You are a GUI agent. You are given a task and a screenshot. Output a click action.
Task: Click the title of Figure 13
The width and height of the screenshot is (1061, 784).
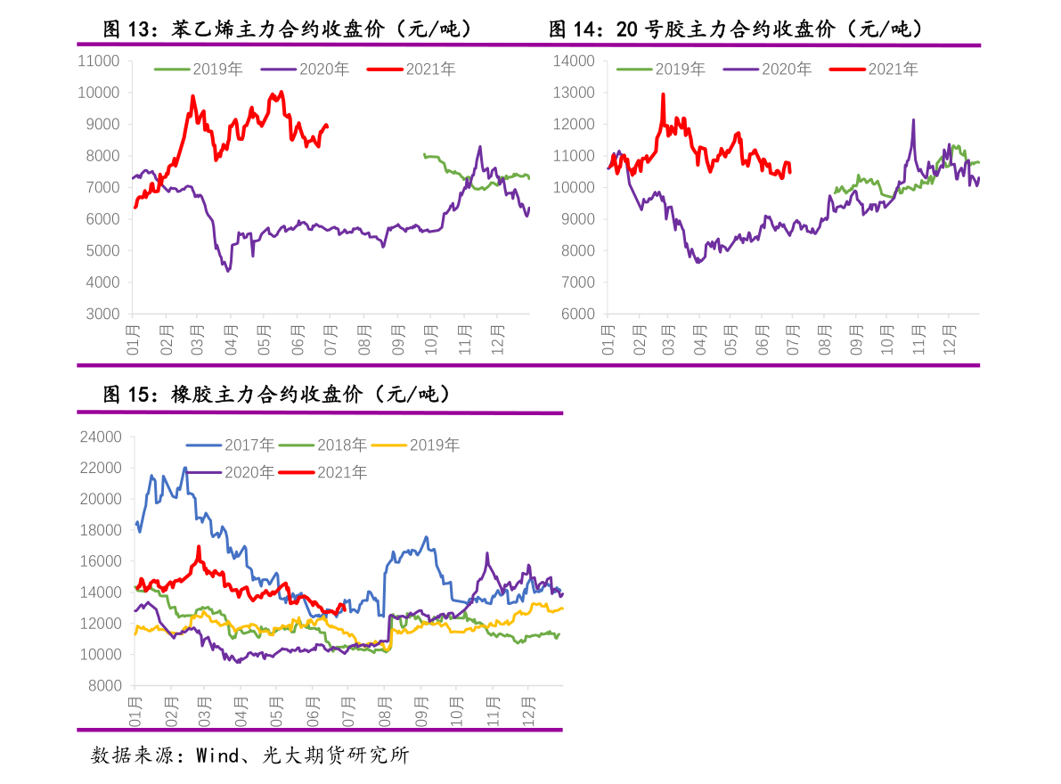(287, 29)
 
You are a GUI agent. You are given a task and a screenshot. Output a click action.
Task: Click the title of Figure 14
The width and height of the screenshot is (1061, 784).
(735, 29)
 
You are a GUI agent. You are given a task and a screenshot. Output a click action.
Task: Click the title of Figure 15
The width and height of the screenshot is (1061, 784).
(276, 394)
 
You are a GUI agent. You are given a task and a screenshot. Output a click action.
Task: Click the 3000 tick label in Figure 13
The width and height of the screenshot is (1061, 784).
(102, 314)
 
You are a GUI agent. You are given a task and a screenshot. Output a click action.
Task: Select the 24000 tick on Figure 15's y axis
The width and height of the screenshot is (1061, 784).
(99, 437)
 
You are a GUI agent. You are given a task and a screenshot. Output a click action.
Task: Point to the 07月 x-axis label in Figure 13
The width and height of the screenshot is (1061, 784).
(331, 339)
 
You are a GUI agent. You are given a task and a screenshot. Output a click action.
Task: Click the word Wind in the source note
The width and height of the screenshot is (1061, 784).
(216, 756)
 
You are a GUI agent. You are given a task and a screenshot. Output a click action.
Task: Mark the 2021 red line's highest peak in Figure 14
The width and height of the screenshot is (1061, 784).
(663, 94)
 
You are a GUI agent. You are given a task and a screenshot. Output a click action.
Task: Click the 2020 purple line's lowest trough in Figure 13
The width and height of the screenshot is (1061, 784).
(228, 270)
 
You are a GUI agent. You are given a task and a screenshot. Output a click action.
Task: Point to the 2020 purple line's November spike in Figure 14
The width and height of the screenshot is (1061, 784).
(913, 120)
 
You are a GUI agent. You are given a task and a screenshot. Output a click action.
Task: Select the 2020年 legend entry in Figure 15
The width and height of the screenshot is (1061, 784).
(249, 472)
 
